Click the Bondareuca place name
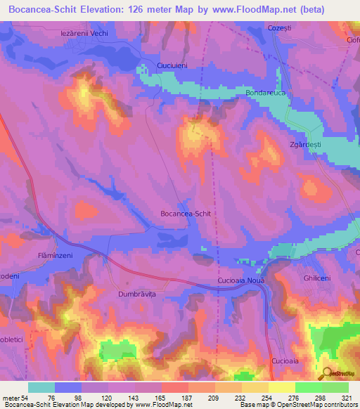[266, 92]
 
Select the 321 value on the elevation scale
[347, 397]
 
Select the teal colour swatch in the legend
[41, 387]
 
